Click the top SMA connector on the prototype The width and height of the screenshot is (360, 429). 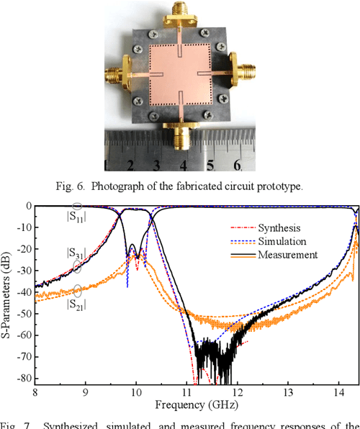coord(177,16)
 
